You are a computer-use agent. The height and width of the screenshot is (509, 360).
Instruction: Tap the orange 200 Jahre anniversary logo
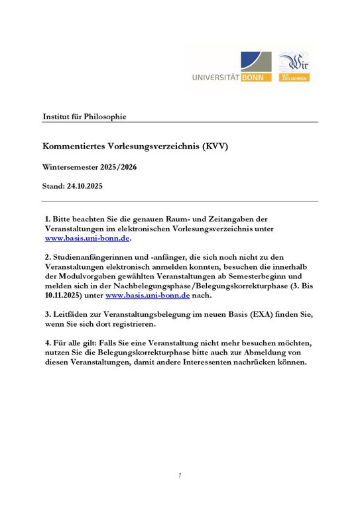click(x=294, y=67)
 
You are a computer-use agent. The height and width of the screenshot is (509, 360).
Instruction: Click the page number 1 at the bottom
click(x=180, y=475)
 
